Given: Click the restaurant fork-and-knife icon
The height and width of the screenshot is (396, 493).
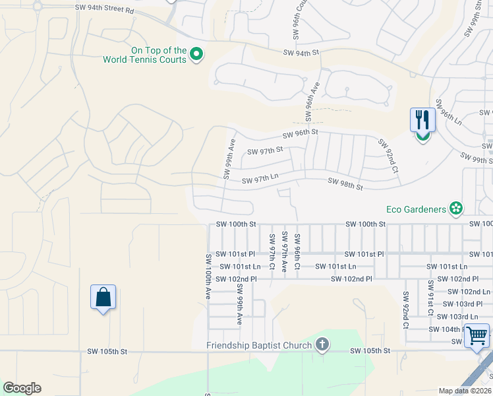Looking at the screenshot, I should point(422,120).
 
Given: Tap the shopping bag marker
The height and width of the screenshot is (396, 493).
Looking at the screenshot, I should point(103,297).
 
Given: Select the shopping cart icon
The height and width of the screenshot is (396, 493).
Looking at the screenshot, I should point(477,335).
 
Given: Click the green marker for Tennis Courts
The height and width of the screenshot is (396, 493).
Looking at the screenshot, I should point(196,55).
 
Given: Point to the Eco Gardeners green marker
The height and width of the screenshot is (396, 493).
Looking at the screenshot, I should point(455,209).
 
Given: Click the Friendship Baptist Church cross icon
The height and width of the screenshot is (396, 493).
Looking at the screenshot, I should point(322,345).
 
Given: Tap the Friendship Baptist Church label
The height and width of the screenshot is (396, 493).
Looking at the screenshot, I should point(260,345).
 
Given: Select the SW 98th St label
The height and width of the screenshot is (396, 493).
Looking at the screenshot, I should point(345,183).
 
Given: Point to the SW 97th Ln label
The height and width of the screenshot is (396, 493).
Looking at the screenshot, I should point(260,180).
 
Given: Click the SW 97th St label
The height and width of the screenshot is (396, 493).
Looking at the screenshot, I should point(265,150).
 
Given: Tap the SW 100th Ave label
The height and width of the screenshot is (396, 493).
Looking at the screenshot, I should point(208,277).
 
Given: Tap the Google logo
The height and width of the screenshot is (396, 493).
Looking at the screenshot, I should point(22,388).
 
